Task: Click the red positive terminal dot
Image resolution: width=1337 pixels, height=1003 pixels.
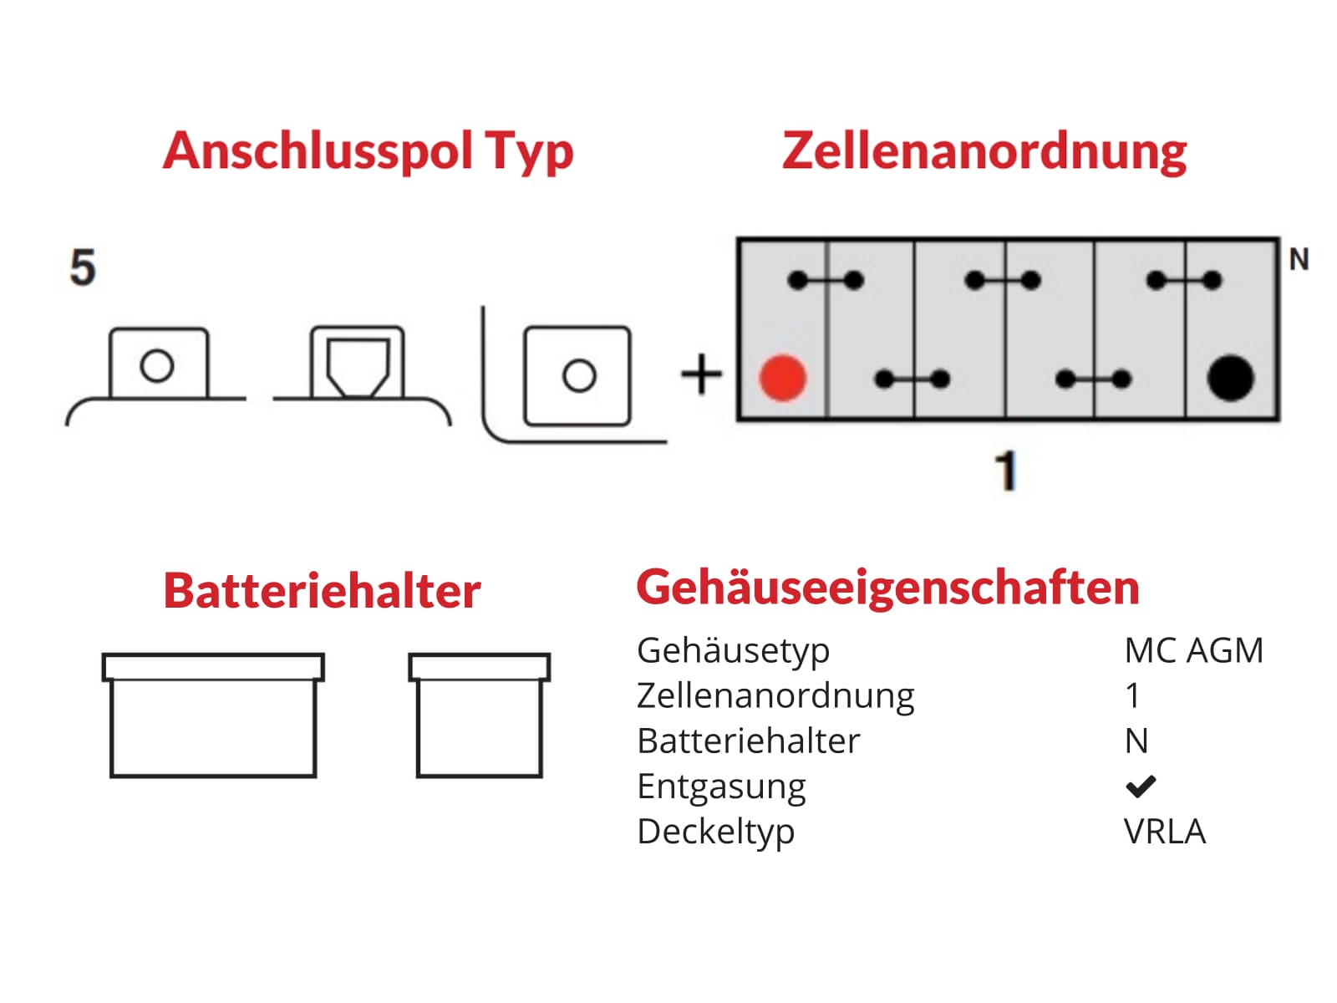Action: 782,378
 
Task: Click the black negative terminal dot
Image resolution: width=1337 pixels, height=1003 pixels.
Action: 1230,378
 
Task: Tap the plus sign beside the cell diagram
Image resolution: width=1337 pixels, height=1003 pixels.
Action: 702,374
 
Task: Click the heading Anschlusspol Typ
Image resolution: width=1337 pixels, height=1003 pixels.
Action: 369,151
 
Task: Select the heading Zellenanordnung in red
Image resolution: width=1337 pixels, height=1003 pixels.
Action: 984,151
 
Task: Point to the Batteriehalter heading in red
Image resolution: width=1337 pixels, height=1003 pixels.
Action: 322,591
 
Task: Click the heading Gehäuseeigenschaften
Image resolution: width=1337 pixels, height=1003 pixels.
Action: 887,587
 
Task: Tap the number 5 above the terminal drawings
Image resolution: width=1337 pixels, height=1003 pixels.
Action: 83,268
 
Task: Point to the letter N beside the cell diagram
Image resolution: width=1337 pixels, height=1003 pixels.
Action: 1299,260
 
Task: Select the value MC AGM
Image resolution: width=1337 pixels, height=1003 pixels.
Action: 1193,650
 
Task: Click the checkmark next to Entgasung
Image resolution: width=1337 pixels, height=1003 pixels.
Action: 1140,786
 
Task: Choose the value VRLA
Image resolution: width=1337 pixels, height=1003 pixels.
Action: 1165,832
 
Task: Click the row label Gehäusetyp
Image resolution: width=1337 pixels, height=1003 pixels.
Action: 733,650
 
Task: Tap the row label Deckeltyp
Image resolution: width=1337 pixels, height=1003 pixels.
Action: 715,832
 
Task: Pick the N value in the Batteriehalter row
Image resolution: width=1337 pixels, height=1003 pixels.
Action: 1136,741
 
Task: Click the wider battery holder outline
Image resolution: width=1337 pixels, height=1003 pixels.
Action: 213,715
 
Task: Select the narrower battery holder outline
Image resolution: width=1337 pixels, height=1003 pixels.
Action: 479,715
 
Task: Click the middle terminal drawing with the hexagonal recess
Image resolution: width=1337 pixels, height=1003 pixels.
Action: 358,365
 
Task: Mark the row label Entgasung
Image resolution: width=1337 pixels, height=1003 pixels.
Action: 721,787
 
